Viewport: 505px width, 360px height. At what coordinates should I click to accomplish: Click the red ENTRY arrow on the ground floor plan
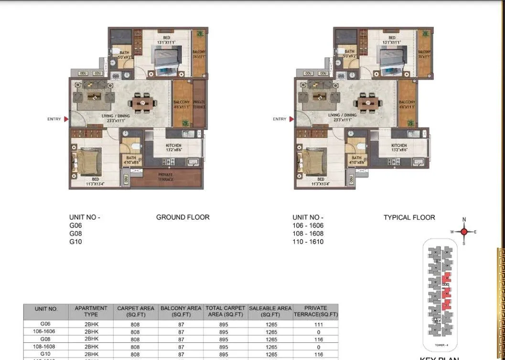point(66,119)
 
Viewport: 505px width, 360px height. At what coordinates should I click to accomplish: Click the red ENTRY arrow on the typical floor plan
point(291,119)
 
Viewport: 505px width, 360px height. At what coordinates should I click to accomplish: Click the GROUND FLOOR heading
point(183,217)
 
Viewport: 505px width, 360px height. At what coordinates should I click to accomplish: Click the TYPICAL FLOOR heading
point(409,217)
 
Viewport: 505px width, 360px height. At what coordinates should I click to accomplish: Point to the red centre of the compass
point(463,232)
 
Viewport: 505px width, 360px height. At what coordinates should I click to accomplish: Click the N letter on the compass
point(463,220)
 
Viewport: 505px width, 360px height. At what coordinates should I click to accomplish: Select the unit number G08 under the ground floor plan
point(75,233)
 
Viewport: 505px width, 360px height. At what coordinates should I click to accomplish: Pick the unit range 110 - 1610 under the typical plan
point(308,241)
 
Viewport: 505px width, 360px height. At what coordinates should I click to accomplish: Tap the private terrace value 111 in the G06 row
point(319,324)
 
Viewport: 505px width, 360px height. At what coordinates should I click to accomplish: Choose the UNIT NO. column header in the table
point(46,309)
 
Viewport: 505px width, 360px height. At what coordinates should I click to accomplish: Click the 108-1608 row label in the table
point(46,347)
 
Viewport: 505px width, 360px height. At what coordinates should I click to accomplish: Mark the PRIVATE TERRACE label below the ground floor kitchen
point(165,177)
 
